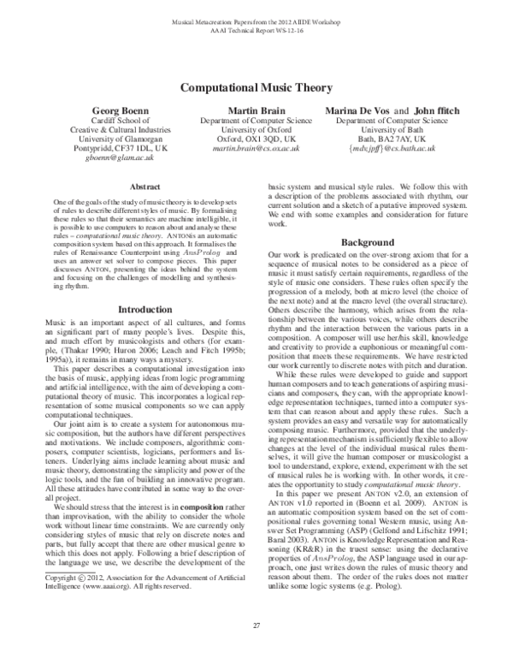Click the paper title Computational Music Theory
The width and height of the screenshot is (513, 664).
(256, 87)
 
